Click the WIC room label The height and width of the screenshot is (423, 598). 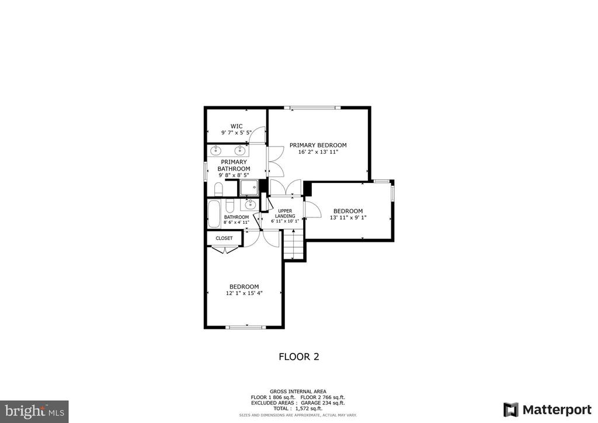tap(237, 126)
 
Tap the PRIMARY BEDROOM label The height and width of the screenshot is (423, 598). tap(318, 145)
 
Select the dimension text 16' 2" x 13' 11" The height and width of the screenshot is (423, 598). tap(318, 152)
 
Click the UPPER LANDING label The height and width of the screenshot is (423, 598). tap(285, 213)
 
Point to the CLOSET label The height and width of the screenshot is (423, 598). tap(224, 238)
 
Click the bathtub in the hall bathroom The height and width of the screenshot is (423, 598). tap(214, 214)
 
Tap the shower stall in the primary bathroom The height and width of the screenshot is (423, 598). tap(249, 188)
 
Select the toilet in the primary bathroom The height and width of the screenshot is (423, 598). tap(218, 189)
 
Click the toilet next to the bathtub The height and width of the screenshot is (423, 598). tap(230, 206)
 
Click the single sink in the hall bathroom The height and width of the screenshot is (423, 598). tap(250, 205)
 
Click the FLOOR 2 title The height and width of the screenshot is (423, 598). tap(299, 356)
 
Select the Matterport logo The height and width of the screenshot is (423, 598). tap(548, 410)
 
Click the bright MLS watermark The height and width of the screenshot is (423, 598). tap(34, 411)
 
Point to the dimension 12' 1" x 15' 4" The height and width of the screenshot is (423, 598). tap(245, 293)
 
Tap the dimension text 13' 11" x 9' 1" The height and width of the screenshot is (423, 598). tap(348, 218)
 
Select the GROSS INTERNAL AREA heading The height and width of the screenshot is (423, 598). tap(298, 391)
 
